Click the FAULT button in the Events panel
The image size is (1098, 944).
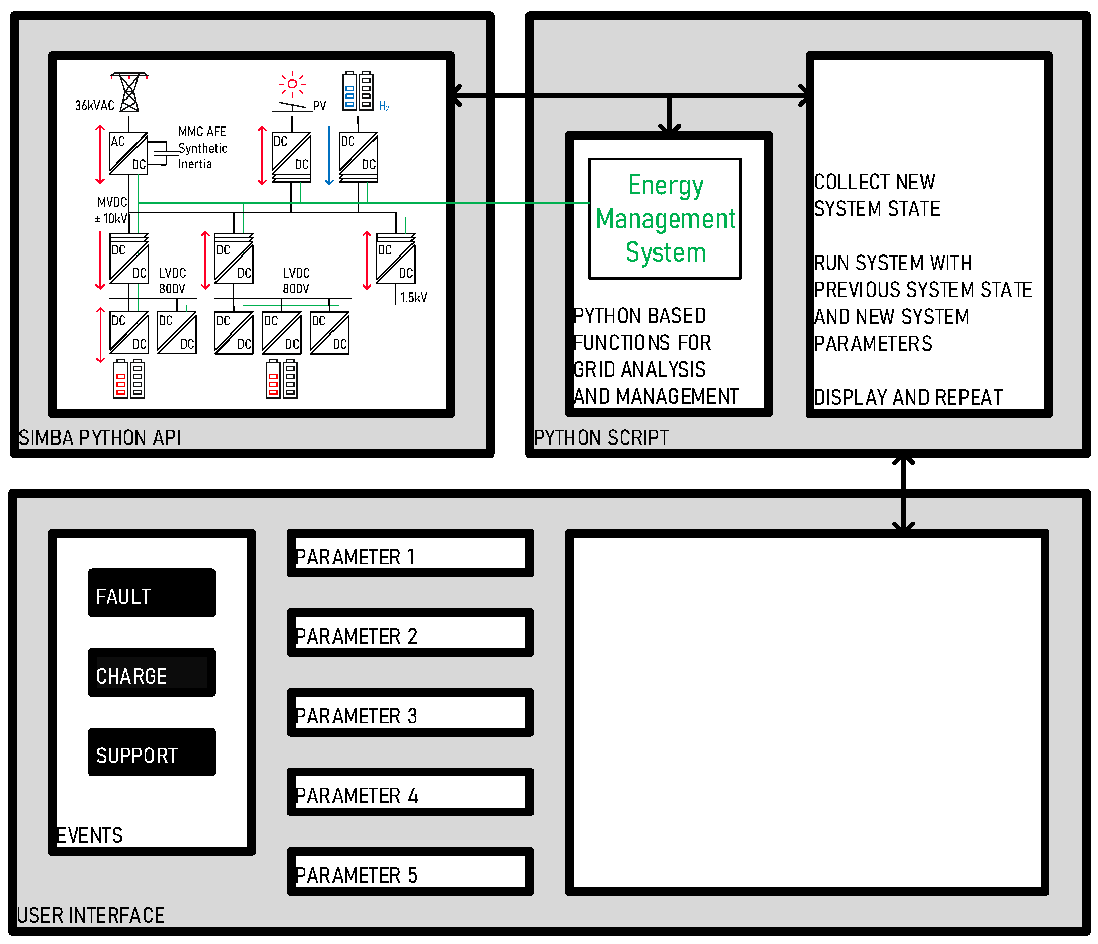tap(152, 593)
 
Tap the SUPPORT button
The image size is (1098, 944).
tap(152, 752)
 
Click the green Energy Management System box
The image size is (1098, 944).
tap(665, 219)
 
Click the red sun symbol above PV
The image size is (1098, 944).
tap(292, 84)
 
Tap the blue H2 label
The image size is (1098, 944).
tap(384, 107)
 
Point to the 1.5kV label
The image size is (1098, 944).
tap(413, 298)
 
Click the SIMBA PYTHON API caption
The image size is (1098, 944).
tap(100, 438)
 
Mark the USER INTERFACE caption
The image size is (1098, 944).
tap(91, 915)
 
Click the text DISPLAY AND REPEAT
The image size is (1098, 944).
tap(908, 397)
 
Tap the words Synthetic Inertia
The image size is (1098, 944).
tap(202, 156)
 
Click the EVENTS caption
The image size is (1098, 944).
tap(89, 835)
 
